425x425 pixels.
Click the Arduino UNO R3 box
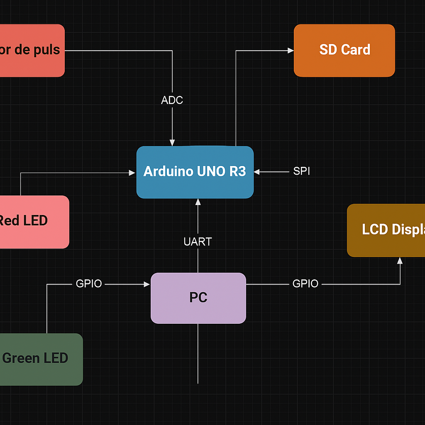click(195, 172)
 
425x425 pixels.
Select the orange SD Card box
click(344, 50)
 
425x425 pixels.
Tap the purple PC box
click(198, 298)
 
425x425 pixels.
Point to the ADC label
click(172, 100)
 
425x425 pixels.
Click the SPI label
click(301, 171)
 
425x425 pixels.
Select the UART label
click(198, 242)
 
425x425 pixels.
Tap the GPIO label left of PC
click(89, 284)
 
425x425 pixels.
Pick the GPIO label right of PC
click(305, 284)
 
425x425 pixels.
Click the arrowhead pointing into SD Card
click(291, 51)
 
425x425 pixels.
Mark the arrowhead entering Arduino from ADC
click(172, 143)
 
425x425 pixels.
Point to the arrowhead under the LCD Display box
click(400, 261)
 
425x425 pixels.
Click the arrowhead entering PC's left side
click(147, 284)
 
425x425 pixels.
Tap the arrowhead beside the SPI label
click(256, 171)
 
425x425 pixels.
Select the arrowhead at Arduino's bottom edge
click(198, 202)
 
